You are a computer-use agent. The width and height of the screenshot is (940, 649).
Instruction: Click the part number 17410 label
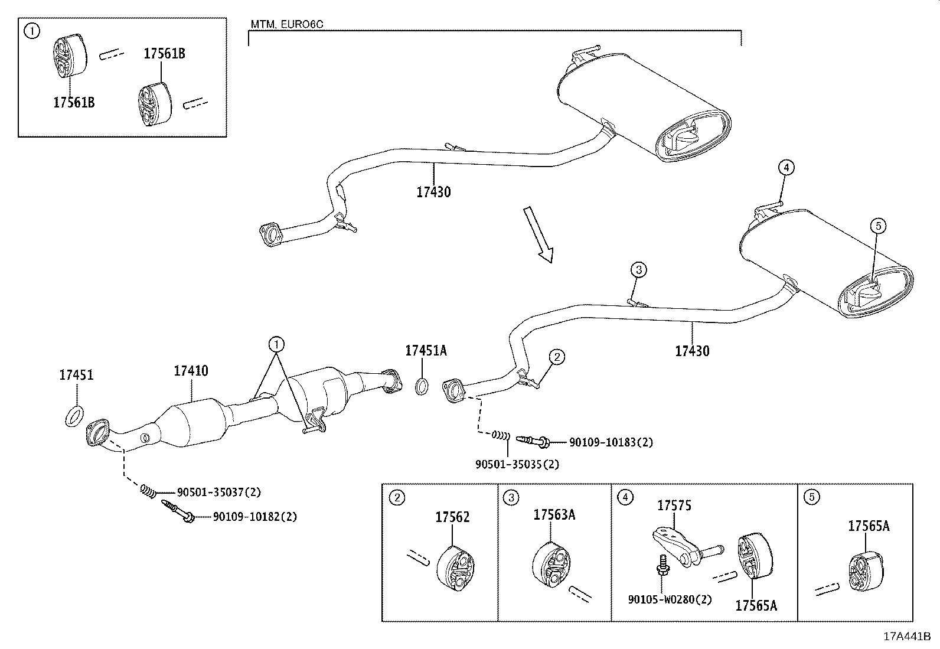tap(191, 371)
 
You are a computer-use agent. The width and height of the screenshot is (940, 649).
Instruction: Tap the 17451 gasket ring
tap(73, 416)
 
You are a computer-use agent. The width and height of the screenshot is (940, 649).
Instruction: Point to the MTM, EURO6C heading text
tap(287, 25)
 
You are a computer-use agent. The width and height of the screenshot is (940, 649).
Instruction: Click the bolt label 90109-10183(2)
tap(611, 442)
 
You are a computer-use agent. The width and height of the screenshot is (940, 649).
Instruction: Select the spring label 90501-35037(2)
tap(218, 491)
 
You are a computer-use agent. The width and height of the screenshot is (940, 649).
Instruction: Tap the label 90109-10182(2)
tap(254, 517)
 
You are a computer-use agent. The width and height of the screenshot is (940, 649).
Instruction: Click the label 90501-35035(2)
tap(517, 464)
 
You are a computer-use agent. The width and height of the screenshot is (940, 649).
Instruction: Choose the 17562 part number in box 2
tap(452, 517)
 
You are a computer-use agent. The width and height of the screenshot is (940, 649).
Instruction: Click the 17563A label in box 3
tap(554, 515)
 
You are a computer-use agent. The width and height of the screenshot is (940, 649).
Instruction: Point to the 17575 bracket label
tap(674, 505)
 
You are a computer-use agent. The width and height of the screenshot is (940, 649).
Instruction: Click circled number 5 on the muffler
tap(878, 225)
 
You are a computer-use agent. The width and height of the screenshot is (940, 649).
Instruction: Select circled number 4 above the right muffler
tap(785, 168)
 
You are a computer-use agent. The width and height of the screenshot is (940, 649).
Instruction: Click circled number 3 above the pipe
tap(638, 270)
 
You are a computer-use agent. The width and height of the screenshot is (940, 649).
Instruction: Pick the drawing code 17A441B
tap(906, 637)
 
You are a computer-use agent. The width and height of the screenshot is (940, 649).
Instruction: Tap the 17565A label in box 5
tap(868, 526)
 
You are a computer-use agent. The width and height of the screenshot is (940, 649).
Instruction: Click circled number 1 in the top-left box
tap(31, 31)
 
